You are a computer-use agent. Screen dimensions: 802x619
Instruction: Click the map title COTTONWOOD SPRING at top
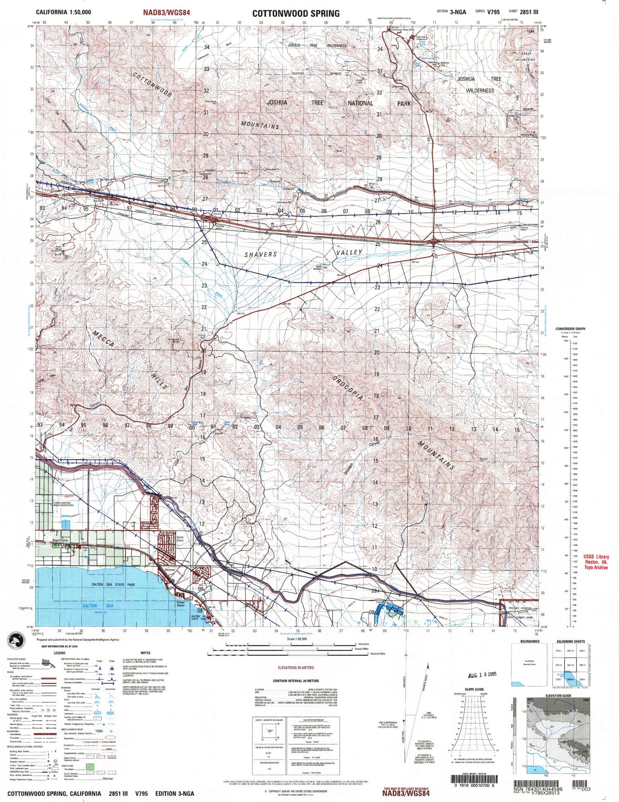point(296,13)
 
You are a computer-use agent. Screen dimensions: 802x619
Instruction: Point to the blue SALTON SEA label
point(95,606)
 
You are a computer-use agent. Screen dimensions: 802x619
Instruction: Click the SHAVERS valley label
point(260,255)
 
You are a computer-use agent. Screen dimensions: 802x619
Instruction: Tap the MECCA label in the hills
point(102,340)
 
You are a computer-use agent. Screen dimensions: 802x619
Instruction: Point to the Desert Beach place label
point(180,604)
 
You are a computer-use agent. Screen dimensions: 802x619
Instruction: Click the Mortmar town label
point(170,570)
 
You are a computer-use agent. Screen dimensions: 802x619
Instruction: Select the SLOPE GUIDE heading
point(474,689)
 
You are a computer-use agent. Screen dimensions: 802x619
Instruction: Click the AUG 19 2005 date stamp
point(482,675)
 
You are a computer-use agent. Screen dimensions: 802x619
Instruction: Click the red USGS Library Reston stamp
point(596,562)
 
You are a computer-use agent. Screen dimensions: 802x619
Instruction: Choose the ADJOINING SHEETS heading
point(571,642)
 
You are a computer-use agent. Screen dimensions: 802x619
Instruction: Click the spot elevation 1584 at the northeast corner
point(530,31)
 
